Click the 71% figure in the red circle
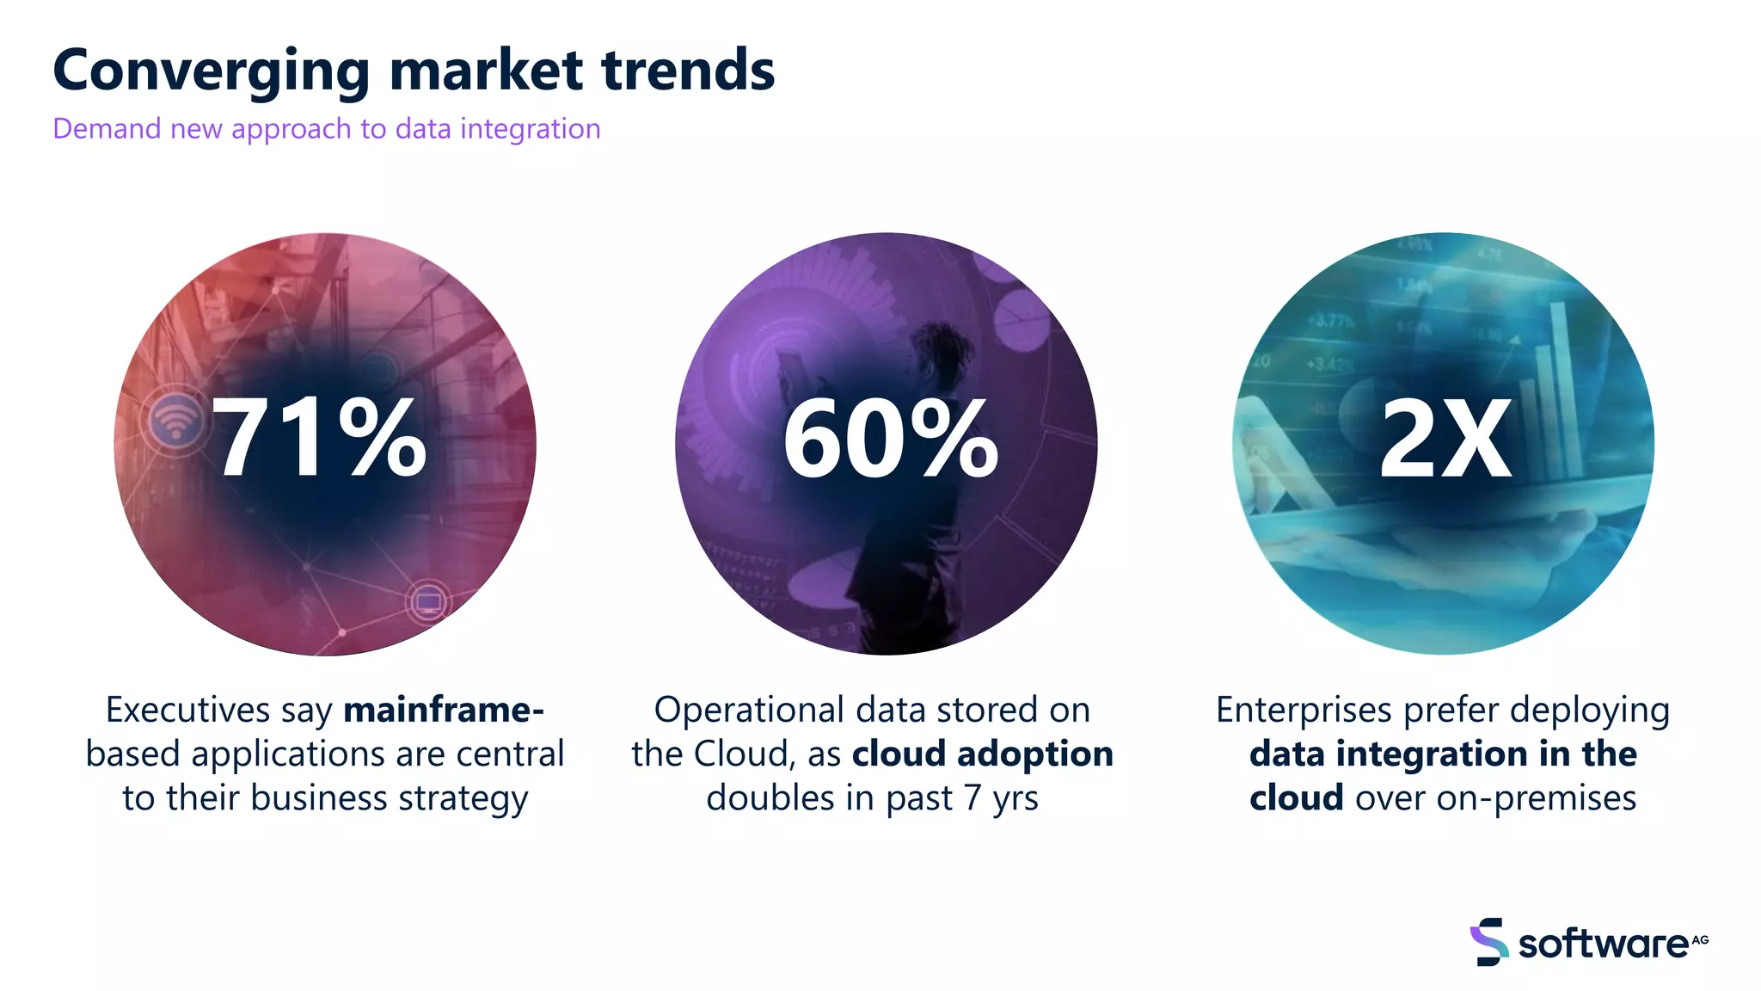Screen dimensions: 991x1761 [319, 439]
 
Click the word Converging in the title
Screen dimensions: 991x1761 [211, 71]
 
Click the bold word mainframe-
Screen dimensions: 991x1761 [443, 711]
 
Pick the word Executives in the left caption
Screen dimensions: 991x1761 [187, 711]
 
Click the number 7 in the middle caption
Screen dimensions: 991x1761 [972, 798]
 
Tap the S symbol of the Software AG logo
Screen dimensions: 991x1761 [1488, 942]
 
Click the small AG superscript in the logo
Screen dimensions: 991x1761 [1700, 939]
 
